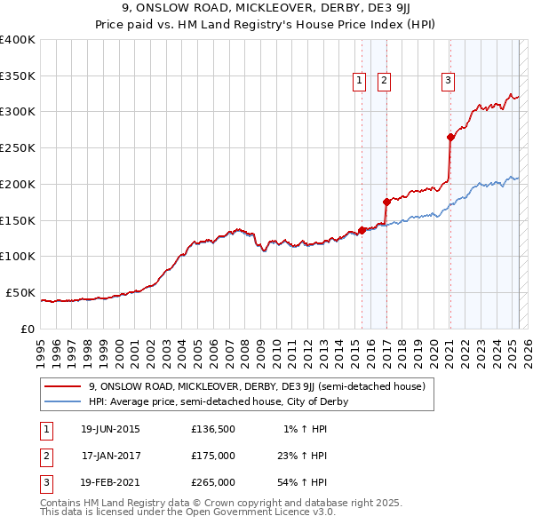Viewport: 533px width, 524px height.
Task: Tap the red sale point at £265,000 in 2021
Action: click(x=450, y=137)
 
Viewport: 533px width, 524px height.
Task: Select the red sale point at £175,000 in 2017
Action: click(x=386, y=202)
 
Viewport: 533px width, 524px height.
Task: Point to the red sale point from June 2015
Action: click(x=362, y=230)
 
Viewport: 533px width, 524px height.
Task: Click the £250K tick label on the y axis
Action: click(x=18, y=147)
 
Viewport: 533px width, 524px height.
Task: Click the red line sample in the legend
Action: click(x=64, y=387)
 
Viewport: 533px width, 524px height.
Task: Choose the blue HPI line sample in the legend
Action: click(x=64, y=401)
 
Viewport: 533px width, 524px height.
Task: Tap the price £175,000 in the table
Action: click(x=213, y=456)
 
